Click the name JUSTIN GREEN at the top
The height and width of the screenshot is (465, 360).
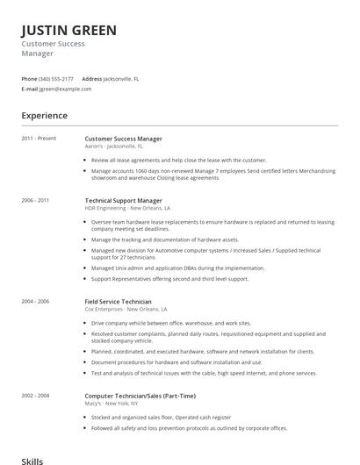[68, 31]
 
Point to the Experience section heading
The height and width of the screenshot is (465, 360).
[44, 115]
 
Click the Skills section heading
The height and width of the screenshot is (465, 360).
[32, 459]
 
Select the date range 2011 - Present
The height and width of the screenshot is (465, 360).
[39, 139]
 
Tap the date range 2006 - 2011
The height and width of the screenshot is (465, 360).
[35, 200]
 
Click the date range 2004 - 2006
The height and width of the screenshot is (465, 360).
[35, 301]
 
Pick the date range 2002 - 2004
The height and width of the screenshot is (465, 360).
[35, 395]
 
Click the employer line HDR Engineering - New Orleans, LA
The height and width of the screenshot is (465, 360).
[127, 209]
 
